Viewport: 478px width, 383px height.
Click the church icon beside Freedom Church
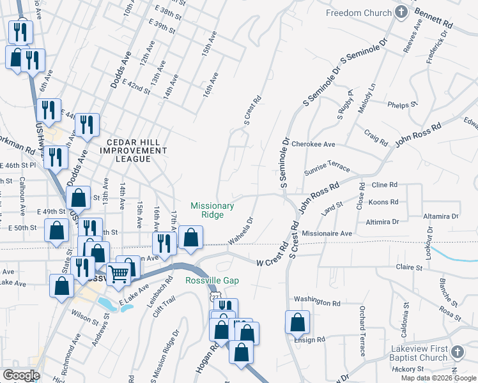pyautogui.click(x=401, y=12)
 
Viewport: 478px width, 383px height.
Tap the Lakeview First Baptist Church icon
pyautogui.click(x=457, y=352)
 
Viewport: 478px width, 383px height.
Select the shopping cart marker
pyautogui.click(x=119, y=274)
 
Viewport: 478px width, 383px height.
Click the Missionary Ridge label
pyautogui.click(x=212, y=210)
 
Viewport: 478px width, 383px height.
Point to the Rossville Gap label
pyautogui.click(x=212, y=281)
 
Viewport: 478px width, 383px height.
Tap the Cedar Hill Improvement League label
pyautogui.click(x=137, y=150)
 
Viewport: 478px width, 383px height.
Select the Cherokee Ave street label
pyautogui.click(x=313, y=145)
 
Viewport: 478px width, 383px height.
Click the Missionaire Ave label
pyautogui.click(x=328, y=234)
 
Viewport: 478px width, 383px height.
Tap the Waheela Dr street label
pyautogui.click(x=242, y=230)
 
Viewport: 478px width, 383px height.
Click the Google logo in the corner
pyautogui.click(x=21, y=375)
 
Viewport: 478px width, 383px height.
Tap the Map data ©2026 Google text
pyautogui.click(x=438, y=378)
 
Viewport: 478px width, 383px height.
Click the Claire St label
pyautogui.click(x=410, y=267)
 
